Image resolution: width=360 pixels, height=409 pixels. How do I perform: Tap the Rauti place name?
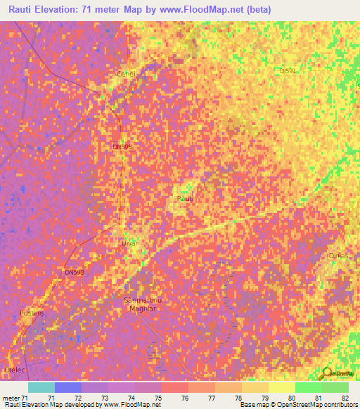click(184, 200)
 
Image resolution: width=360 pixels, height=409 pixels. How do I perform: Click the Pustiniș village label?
click(32, 313)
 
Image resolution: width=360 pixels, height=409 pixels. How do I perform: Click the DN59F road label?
click(122, 147)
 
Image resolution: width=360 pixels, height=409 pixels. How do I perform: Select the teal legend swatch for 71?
click(41, 387)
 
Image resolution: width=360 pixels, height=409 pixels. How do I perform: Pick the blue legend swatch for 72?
click(68, 387)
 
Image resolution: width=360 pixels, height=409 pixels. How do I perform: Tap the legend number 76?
click(184, 398)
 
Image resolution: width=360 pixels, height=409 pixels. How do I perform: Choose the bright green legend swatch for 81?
click(308, 387)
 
